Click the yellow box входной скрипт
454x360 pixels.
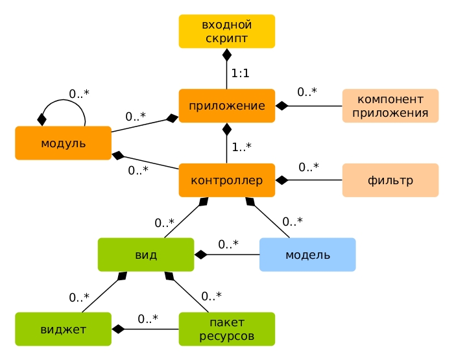click(x=227, y=31)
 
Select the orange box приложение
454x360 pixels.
click(x=227, y=106)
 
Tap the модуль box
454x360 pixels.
click(x=63, y=143)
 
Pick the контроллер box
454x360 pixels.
click(x=227, y=180)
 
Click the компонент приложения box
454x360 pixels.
click(x=390, y=106)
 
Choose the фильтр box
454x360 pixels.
click(x=390, y=180)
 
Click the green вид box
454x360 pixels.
click(x=146, y=254)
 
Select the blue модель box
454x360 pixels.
click(x=307, y=254)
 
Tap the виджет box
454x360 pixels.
click(x=63, y=329)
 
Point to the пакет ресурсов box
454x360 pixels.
click(x=227, y=329)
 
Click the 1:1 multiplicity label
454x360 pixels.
click(x=241, y=73)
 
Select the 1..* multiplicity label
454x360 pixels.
click(x=241, y=147)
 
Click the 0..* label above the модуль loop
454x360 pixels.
click(x=79, y=93)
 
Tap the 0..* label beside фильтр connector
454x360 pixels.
click(x=309, y=167)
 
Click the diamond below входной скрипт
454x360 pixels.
click(x=227, y=54)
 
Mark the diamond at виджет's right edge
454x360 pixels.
click(x=117, y=329)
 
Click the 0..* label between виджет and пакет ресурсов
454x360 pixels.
click(x=148, y=318)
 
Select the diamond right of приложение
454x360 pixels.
click(x=281, y=106)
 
